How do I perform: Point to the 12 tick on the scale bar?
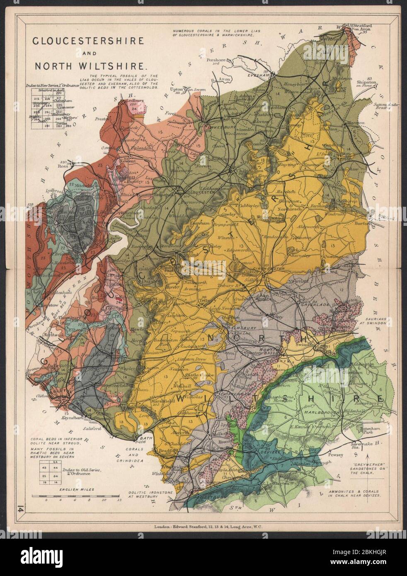tap(119, 500)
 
